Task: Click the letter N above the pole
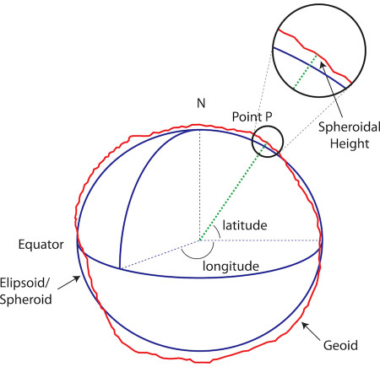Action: (201, 103)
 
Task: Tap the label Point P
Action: (252, 116)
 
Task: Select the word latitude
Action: (245, 225)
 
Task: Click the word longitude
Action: (231, 267)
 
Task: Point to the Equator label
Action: (41, 245)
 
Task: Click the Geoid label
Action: (340, 345)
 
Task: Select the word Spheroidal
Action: (349, 127)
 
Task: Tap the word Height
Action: (350, 143)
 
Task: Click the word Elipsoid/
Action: (24, 283)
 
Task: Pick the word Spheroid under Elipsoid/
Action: (25, 300)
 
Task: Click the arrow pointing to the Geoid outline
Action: (311, 332)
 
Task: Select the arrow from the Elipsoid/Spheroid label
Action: (69, 283)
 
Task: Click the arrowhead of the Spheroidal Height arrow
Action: (323, 65)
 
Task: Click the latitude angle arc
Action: (219, 233)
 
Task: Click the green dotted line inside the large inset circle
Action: (306, 71)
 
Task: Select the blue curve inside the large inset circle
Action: (310, 66)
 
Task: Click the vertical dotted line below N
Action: (199, 185)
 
